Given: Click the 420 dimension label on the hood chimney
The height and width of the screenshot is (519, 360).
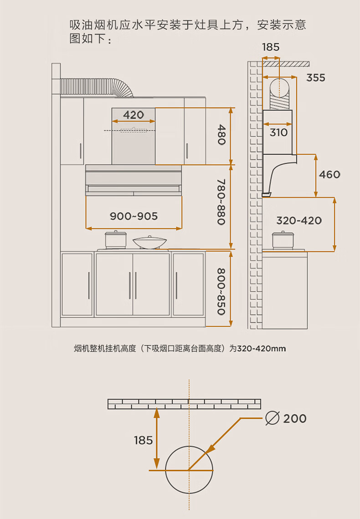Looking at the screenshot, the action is [x=134, y=115].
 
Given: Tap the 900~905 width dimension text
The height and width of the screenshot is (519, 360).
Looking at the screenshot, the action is [x=134, y=216].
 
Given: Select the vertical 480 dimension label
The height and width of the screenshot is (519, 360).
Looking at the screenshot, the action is [x=221, y=135].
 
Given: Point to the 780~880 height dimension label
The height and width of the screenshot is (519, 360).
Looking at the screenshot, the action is [x=221, y=202].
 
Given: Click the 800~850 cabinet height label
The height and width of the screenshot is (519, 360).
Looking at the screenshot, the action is [x=221, y=291].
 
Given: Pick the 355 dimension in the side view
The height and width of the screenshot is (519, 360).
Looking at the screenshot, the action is [x=316, y=78].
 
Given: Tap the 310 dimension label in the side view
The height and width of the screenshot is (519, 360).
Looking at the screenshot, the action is [x=278, y=132].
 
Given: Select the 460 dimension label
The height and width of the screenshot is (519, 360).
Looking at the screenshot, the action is [x=329, y=174].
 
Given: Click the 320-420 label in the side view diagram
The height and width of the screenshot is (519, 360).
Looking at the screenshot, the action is [x=299, y=220].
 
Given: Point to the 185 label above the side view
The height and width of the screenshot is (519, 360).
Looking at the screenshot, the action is [x=271, y=47].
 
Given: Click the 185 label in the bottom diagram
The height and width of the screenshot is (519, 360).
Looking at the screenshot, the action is [x=144, y=440].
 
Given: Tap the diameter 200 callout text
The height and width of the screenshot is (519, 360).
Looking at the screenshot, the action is [x=286, y=418].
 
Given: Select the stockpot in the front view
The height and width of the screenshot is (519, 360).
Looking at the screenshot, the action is [x=116, y=239].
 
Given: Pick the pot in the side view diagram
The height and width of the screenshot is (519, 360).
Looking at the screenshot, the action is [x=283, y=239].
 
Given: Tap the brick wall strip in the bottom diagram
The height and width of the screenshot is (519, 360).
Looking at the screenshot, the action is [x=184, y=404].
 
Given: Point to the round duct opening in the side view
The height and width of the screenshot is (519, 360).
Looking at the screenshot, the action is [x=279, y=88].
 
